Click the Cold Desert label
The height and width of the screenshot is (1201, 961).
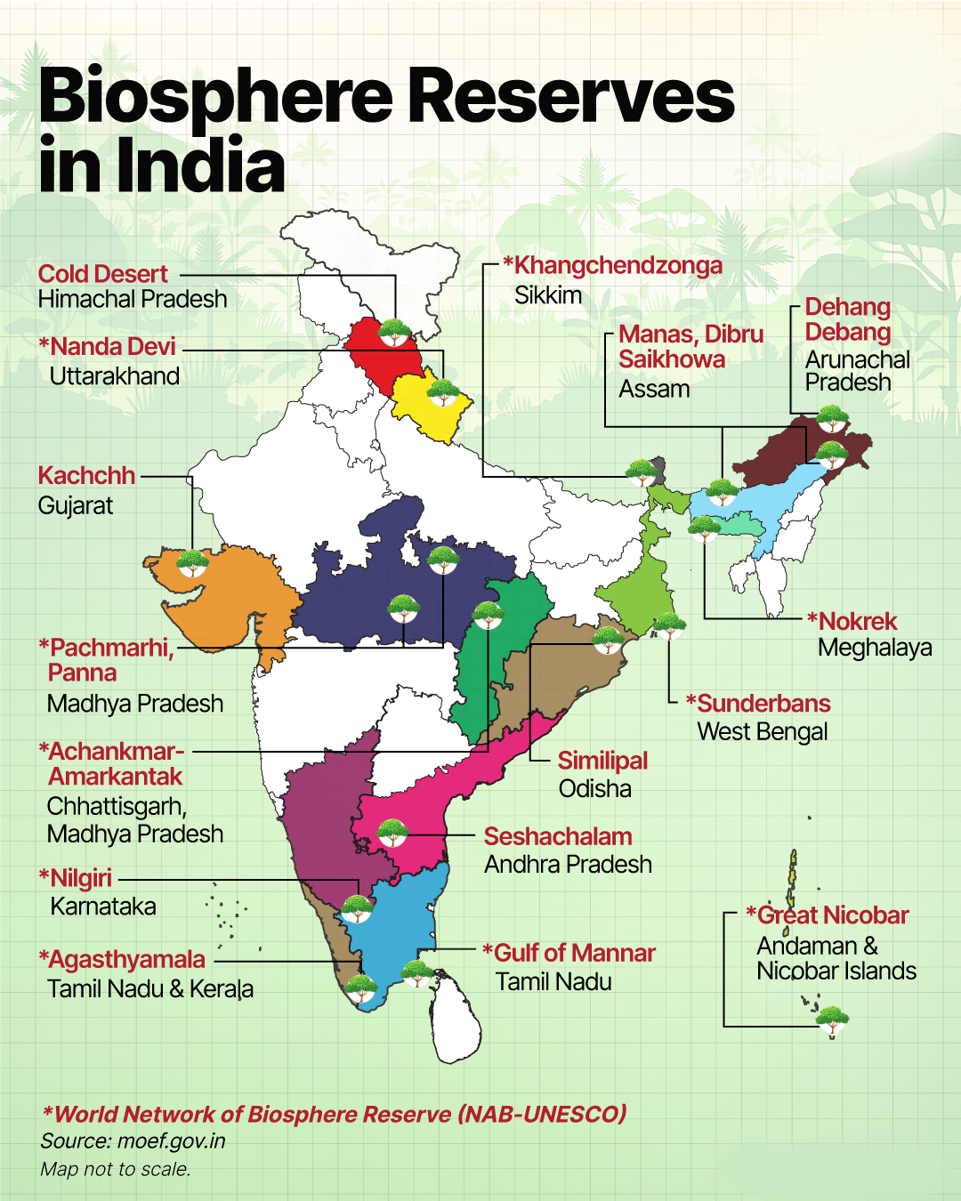click(x=102, y=274)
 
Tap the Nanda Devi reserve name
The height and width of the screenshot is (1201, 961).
click(x=113, y=347)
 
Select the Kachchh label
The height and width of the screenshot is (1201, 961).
click(x=86, y=476)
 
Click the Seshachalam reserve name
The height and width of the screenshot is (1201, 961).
click(x=558, y=837)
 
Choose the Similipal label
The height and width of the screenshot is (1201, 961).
click(x=602, y=761)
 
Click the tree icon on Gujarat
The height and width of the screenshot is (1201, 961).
click(x=192, y=563)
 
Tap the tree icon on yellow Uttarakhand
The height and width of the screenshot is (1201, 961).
click(x=442, y=391)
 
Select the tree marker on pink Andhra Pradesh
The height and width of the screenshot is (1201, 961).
click(x=392, y=833)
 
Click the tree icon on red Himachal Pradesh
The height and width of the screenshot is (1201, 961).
click(x=394, y=332)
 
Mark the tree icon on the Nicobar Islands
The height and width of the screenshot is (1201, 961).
click(x=832, y=1020)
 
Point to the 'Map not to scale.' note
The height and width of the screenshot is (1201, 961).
click(x=115, y=1169)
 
